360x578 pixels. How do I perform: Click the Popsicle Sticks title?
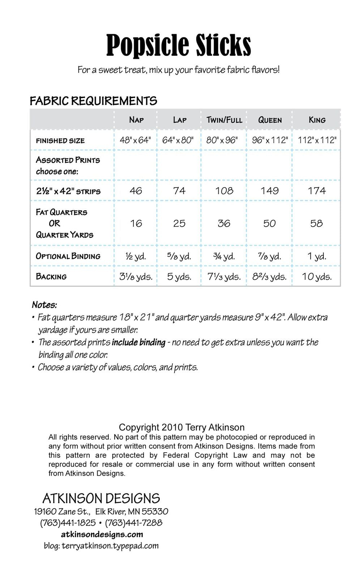179,45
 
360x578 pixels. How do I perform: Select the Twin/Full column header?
224,120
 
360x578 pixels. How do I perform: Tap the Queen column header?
270,120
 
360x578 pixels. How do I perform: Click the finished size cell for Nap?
135,140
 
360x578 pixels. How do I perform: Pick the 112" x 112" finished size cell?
317,140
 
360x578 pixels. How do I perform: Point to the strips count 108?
224,191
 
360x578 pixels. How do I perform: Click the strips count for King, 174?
317,191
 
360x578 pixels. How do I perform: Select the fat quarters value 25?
179,223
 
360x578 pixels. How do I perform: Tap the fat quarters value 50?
270,223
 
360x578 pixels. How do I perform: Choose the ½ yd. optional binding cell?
136,256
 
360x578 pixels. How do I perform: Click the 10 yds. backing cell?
317,277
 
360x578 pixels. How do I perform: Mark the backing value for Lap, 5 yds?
179,277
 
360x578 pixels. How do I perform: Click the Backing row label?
51,277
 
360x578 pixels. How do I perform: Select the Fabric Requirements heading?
93,101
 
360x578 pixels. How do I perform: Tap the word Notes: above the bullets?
44,305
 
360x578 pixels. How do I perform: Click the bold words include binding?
138,342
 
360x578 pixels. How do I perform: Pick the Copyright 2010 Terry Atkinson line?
181,427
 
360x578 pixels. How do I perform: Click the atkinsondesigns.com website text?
102,534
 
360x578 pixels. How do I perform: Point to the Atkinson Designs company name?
101,499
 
